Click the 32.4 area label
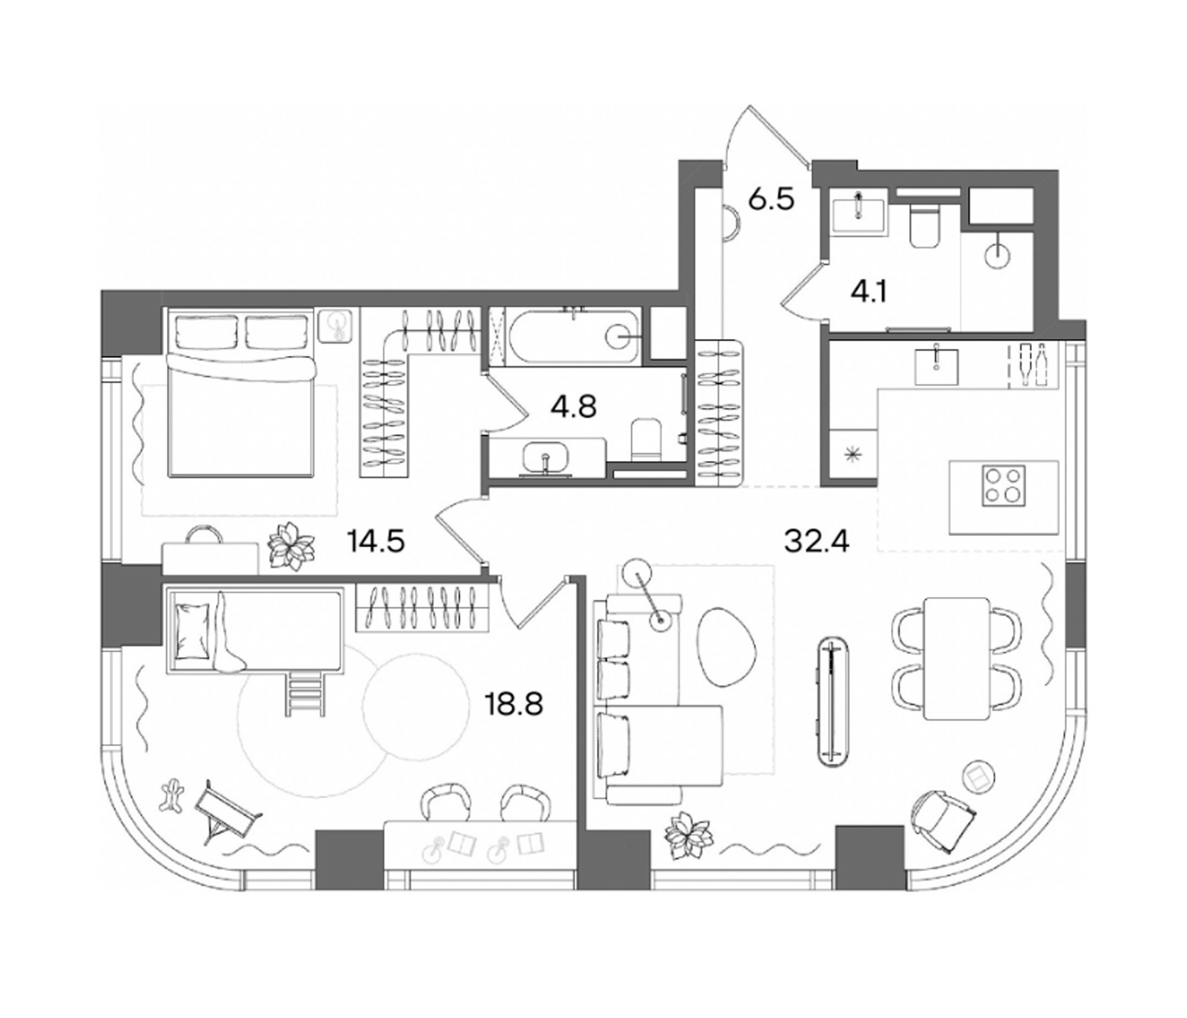817,541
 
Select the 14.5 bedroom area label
376,541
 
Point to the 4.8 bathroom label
574,407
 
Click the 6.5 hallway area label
772,200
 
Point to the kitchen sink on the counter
936,366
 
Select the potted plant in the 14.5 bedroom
292,546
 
